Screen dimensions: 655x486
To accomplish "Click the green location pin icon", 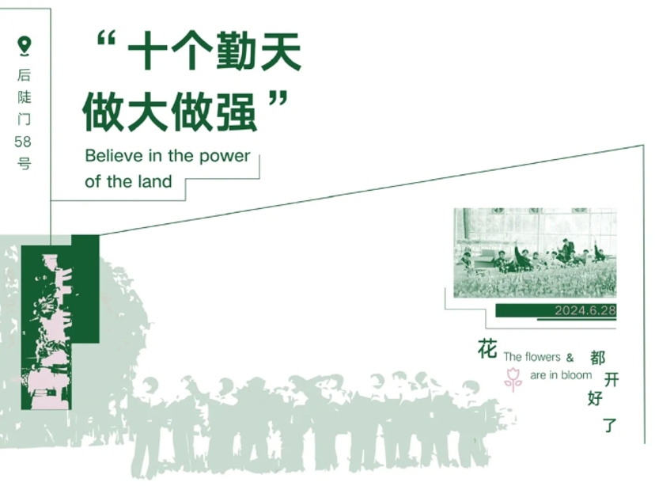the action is pyautogui.click(x=25, y=46).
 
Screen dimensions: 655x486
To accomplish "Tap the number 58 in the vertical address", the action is pyautogui.click(x=23, y=142).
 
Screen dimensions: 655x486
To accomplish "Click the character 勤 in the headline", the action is pyautogui.click(x=235, y=51).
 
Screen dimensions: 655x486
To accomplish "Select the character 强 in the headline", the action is pyautogui.click(x=235, y=112).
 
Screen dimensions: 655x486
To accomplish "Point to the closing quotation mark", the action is pyautogui.click(x=278, y=101).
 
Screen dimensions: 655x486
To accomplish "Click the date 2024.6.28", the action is pyautogui.click(x=585, y=310).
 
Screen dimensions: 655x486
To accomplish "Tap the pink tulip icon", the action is pyautogui.click(x=513, y=379).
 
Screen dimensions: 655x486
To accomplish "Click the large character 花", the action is pyautogui.click(x=487, y=349).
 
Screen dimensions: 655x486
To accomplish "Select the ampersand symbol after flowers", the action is pyautogui.click(x=570, y=357).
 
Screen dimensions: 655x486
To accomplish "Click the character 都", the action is pyautogui.click(x=597, y=357).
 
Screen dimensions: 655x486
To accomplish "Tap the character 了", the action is pyautogui.click(x=609, y=425).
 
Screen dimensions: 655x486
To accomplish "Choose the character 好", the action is pyautogui.click(x=595, y=398).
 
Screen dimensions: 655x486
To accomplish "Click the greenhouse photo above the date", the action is pyautogui.click(x=535, y=252).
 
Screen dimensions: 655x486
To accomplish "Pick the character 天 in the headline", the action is pyautogui.click(x=281, y=51).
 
